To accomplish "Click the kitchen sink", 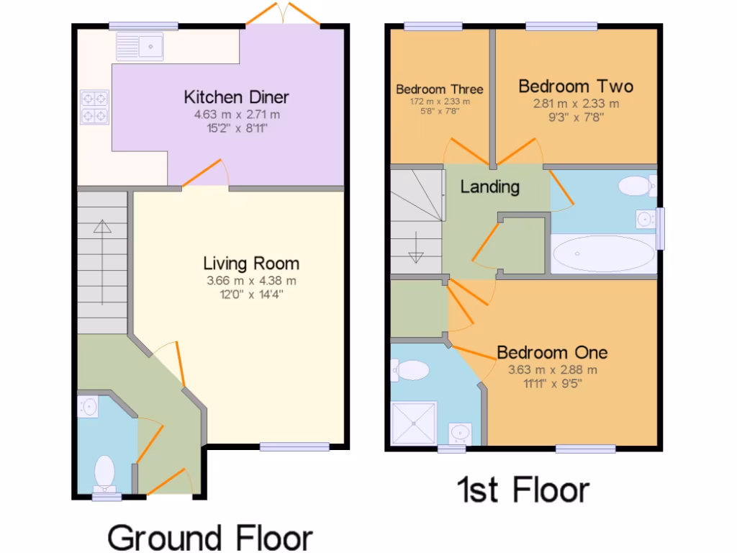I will click(141, 48).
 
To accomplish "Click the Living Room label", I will click(250, 263).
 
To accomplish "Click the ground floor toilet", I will click(105, 472).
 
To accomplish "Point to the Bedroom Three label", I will click(439, 89).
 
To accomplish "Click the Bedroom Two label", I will click(576, 86).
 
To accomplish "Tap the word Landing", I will click(489, 187).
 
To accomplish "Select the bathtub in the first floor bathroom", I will click(603, 254).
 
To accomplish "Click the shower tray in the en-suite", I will click(413, 423).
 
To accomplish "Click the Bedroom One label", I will click(552, 352).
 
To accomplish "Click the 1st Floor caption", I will click(523, 490).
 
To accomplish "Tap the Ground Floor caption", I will click(210, 537).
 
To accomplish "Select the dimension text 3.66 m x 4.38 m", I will click(250, 281).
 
